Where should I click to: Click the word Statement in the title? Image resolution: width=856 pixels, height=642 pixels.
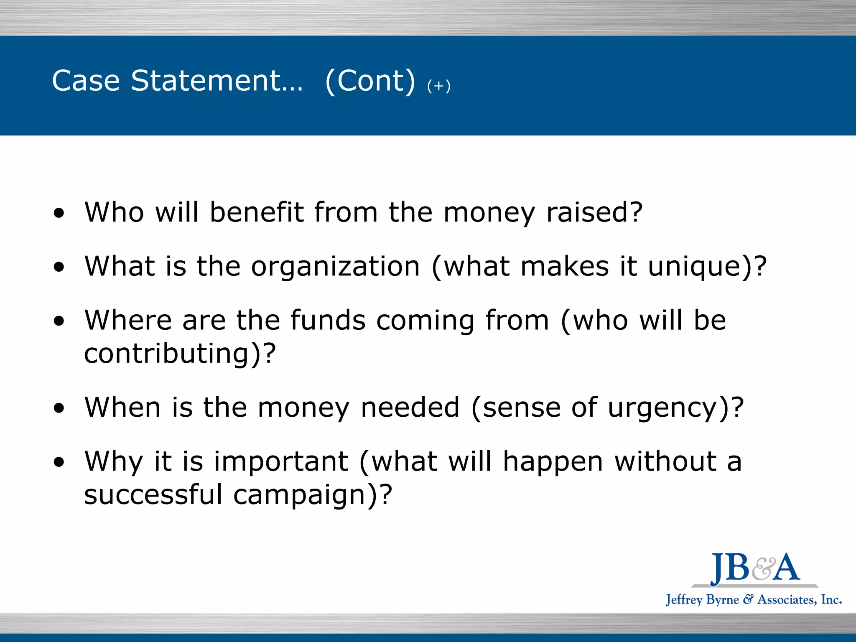tap(217, 80)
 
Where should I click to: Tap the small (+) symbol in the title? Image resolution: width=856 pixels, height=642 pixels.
tap(439, 86)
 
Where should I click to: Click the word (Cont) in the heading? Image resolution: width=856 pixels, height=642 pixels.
tap(370, 81)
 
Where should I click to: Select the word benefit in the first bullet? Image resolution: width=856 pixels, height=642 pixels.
tap(256, 212)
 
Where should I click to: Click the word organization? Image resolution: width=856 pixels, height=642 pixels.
tap(335, 267)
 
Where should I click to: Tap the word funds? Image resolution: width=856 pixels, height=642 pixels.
tap(328, 321)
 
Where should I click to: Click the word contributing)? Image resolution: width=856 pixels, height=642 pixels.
tap(180, 354)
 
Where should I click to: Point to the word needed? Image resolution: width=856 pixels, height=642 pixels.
tap(410, 408)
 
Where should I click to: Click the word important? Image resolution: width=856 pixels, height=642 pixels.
tap(281, 461)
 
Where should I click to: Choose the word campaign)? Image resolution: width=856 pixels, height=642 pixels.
tap(313, 495)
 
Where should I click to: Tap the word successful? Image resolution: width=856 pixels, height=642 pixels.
tap(153, 494)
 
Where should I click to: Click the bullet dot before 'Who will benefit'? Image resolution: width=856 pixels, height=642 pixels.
tap(59, 213)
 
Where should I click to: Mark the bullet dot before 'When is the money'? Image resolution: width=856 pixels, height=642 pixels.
tap(59, 408)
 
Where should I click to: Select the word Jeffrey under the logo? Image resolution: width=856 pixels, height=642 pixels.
tap(684, 600)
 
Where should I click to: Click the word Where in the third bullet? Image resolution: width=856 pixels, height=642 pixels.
tap(128, 321)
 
